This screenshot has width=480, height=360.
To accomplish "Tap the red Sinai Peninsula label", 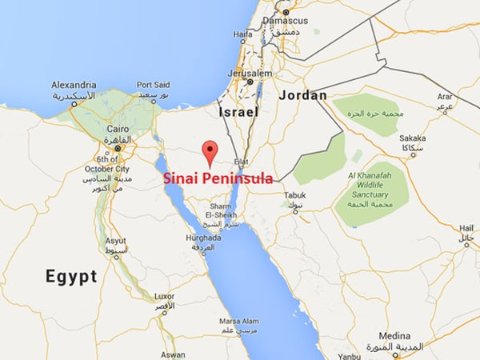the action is (217, 178).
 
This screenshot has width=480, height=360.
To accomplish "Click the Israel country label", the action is (238, 113).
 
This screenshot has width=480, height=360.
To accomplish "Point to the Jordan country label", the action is (303, 95).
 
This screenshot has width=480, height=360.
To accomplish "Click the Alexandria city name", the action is (74, 85).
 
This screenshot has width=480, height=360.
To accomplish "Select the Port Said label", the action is (154, 85).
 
